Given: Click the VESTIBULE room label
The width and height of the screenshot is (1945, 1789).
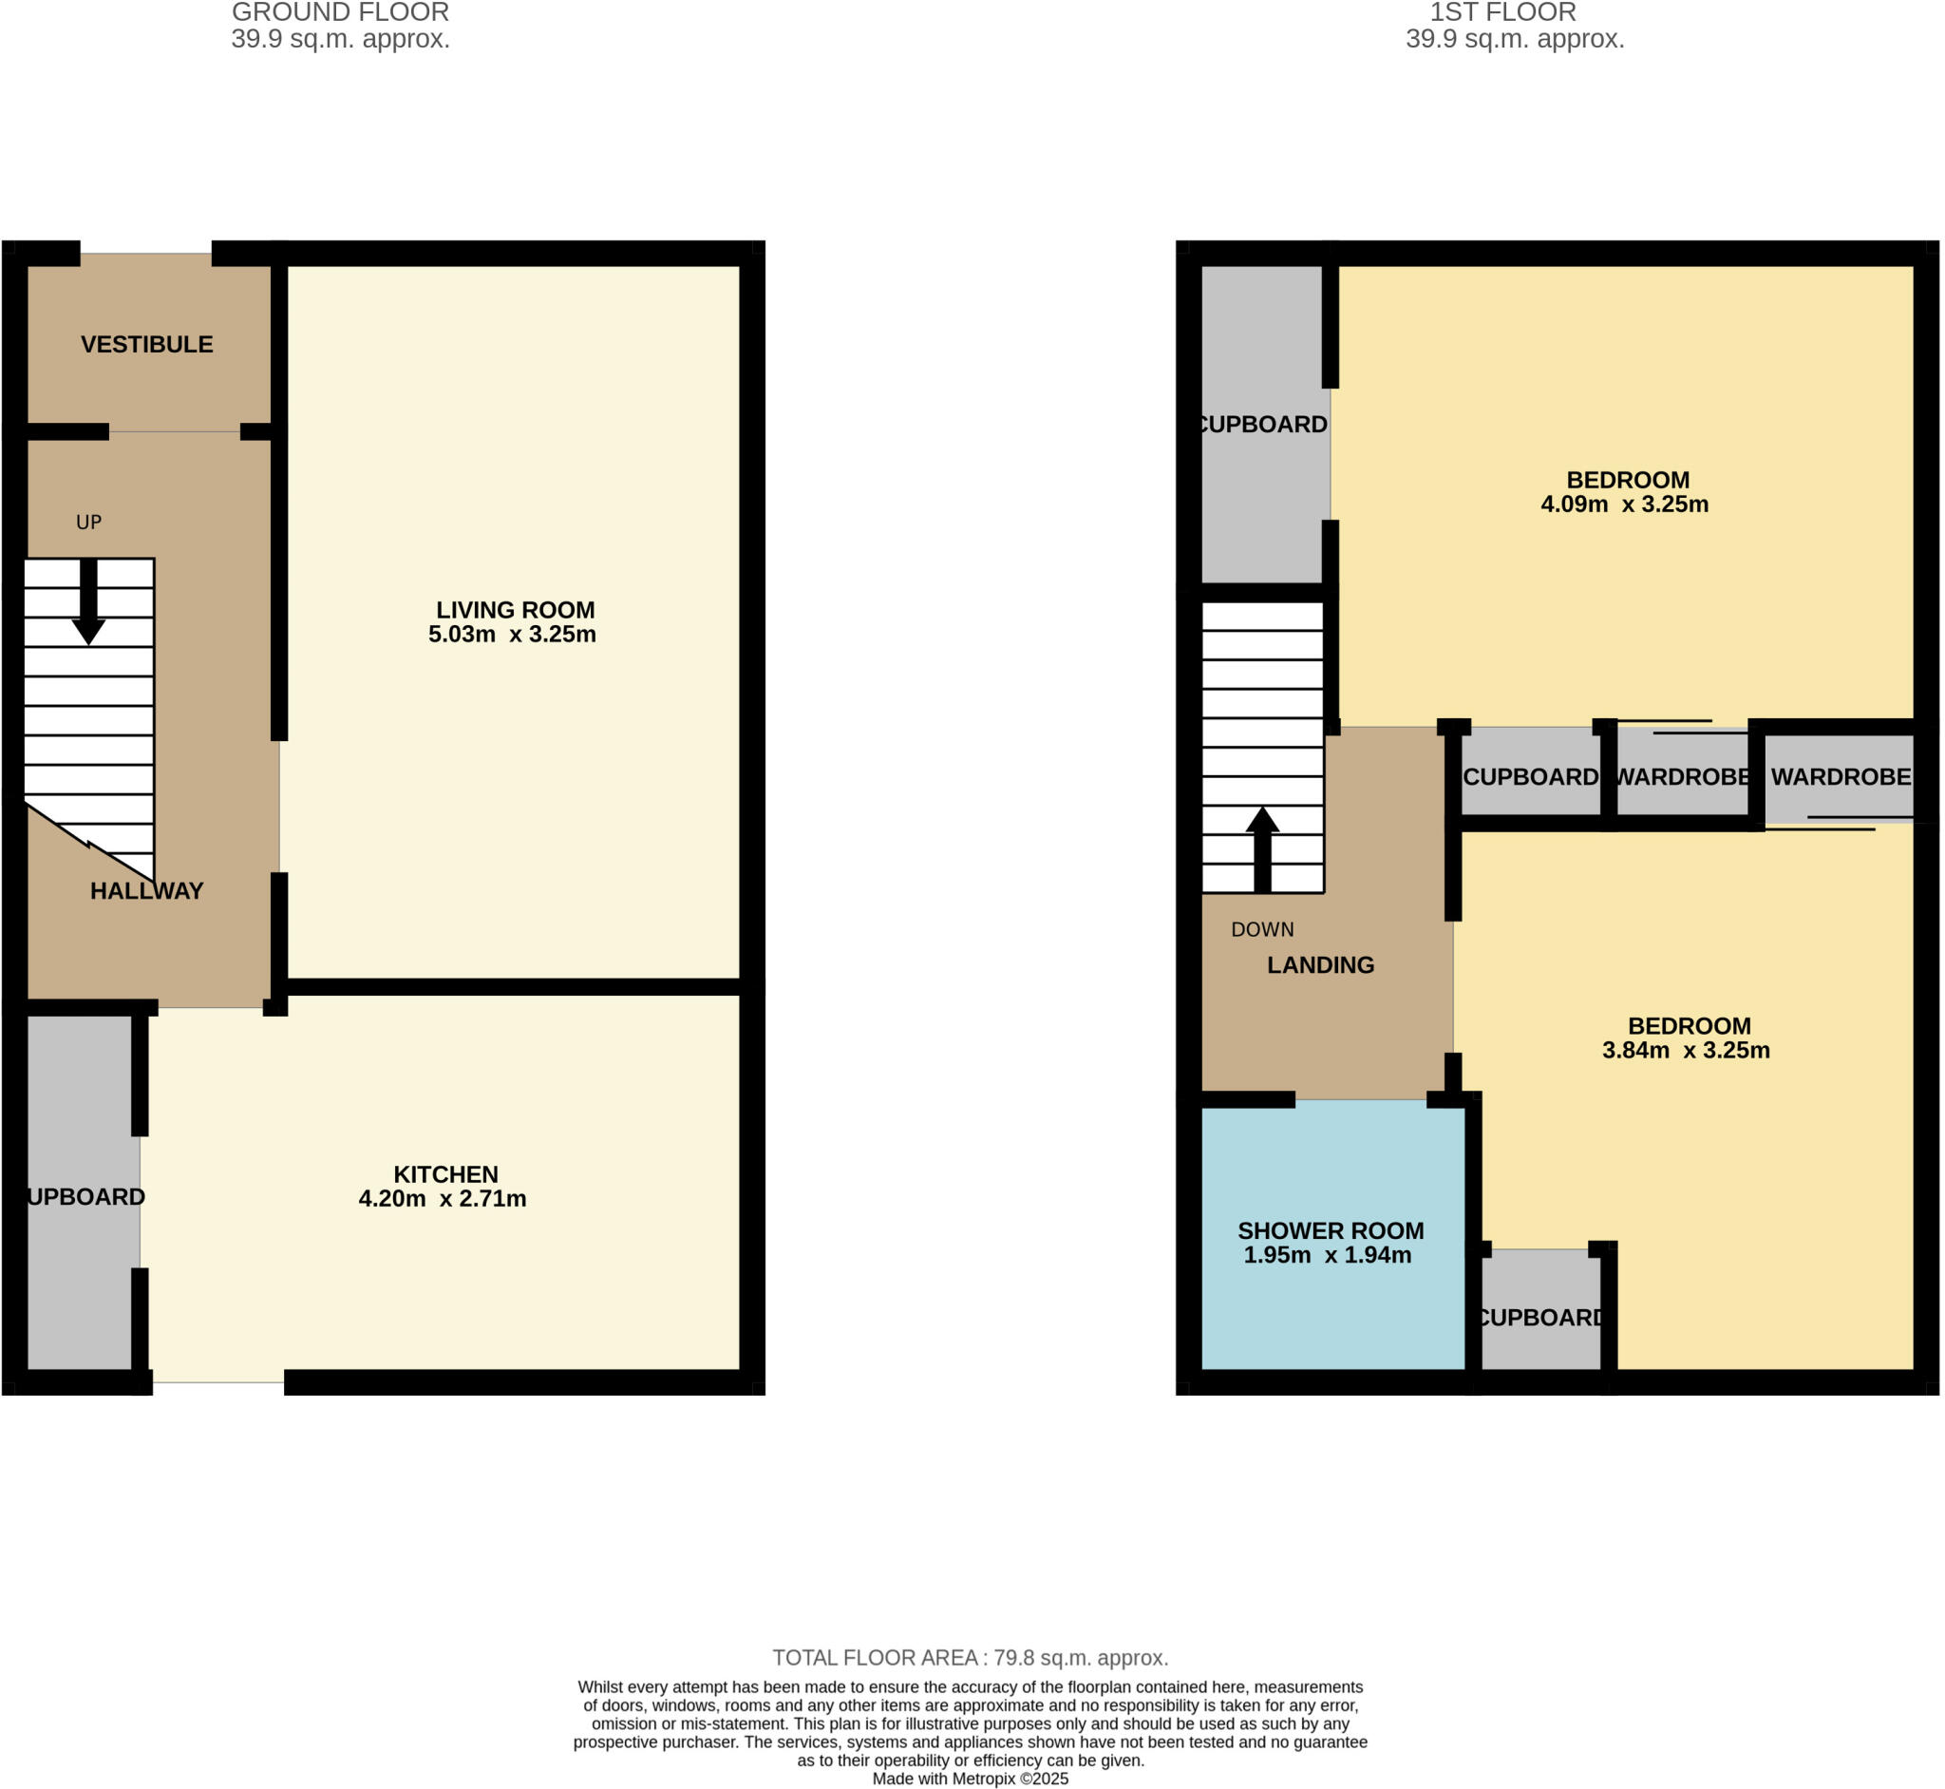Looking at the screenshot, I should coord(146,345).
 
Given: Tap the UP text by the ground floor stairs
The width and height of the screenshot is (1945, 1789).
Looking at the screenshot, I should coord(88,523).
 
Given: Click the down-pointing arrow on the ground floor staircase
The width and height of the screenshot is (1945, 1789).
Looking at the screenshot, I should coord(88,602).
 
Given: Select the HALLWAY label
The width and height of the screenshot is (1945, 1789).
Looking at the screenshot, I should coord(146,890).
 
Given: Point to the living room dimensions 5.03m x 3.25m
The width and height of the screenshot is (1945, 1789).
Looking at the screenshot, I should coord(512,635).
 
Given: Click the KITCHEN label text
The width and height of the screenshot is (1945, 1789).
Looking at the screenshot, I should coord(445,1174).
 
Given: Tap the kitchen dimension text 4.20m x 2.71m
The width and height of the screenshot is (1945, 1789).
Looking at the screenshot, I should coord(443,1199).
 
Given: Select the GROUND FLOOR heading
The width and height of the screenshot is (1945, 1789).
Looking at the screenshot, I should coord(340,12).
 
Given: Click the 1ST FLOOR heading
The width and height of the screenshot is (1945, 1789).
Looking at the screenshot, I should coord(1501,12).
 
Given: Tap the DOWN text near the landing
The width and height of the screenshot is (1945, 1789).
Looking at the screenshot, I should coord(1262,930).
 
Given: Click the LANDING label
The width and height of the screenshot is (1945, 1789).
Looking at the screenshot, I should coord(1320,965).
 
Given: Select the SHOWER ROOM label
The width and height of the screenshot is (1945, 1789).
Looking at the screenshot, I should coord(1330,1231).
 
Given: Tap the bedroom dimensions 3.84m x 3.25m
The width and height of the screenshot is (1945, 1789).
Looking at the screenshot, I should coord(1686,1052).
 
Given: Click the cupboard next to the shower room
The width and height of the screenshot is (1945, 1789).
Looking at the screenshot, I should coord(1540,1317).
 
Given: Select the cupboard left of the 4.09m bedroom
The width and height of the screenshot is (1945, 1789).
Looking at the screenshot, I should coord(1262,425).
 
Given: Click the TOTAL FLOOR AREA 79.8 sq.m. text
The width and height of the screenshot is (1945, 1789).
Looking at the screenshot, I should coord(970,1658).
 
